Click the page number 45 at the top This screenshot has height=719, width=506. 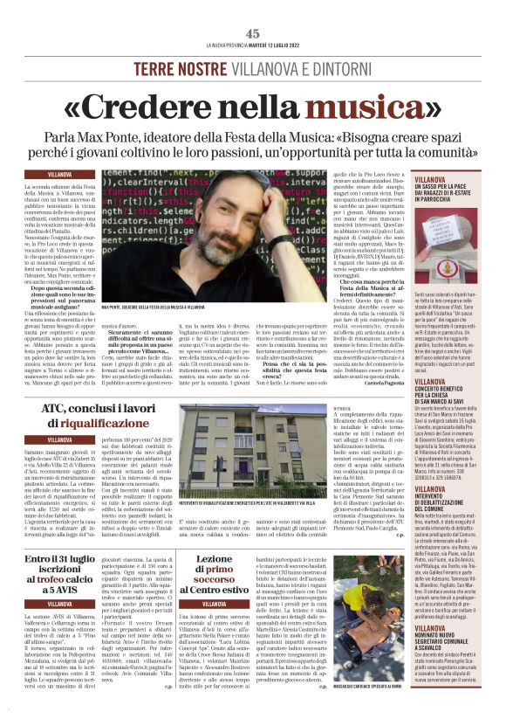[253, 32]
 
